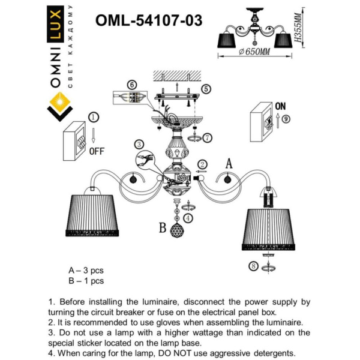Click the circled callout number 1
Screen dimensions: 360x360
[x=94, y=116]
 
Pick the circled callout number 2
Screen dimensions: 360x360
[x=203, y=163]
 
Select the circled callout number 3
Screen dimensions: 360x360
[x=139, y=145]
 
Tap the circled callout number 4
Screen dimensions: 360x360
[x=188, y=218]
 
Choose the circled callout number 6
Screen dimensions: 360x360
[x=133, y=85]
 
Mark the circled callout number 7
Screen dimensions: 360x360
[x=208, y=137]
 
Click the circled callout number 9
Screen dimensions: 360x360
[x=286, y=119]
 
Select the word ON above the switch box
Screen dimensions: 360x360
[x=280, y=106]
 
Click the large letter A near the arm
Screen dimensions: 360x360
[x=229, y=163]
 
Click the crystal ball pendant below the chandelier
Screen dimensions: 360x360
[x=178, y=230]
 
